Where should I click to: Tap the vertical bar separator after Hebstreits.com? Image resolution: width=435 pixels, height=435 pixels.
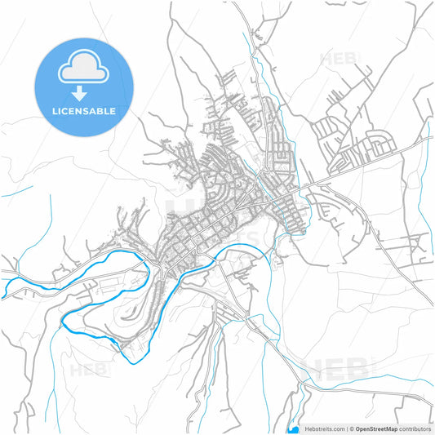coord(346,428)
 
